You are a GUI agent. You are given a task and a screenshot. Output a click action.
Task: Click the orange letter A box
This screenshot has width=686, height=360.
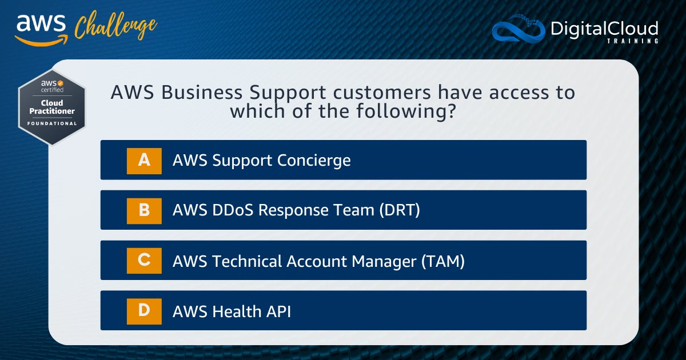(144, 160)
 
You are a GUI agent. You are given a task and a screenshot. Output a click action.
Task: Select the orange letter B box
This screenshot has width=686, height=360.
(144, 210)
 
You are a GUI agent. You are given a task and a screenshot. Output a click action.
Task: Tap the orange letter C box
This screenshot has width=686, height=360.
(144, 260)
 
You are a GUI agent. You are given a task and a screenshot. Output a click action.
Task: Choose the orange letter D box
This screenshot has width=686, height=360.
(144, 310)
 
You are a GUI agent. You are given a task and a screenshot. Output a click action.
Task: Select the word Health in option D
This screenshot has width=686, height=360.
(237, 311)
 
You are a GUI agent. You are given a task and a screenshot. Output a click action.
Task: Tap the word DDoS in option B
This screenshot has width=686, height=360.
(234, 211)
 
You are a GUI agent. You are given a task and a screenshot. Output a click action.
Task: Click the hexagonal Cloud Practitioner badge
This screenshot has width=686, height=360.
(52, 106)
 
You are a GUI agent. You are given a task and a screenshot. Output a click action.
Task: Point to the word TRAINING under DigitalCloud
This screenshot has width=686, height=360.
(635, 41)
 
